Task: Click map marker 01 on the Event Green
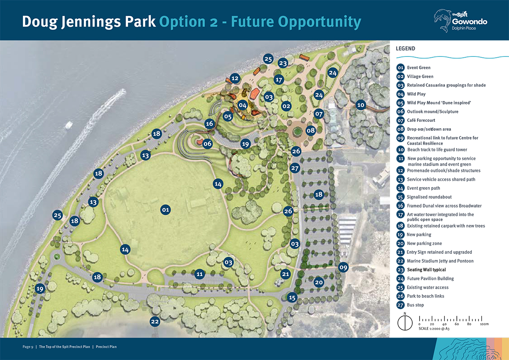165,209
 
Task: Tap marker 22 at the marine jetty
155,321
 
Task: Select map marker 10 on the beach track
361,105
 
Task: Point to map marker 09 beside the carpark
343,267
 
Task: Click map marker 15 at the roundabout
292,298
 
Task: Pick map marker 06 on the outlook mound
207,143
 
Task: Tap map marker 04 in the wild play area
243,105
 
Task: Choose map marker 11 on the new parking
200,274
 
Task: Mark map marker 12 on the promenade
235,78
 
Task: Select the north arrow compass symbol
405,323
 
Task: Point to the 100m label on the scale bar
484,324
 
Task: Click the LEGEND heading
406,48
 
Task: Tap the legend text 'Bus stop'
415,305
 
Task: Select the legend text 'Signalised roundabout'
429,197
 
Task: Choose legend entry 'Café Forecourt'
421,121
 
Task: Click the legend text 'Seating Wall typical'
426,270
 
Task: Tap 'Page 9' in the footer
28,347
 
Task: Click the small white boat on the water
69,125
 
